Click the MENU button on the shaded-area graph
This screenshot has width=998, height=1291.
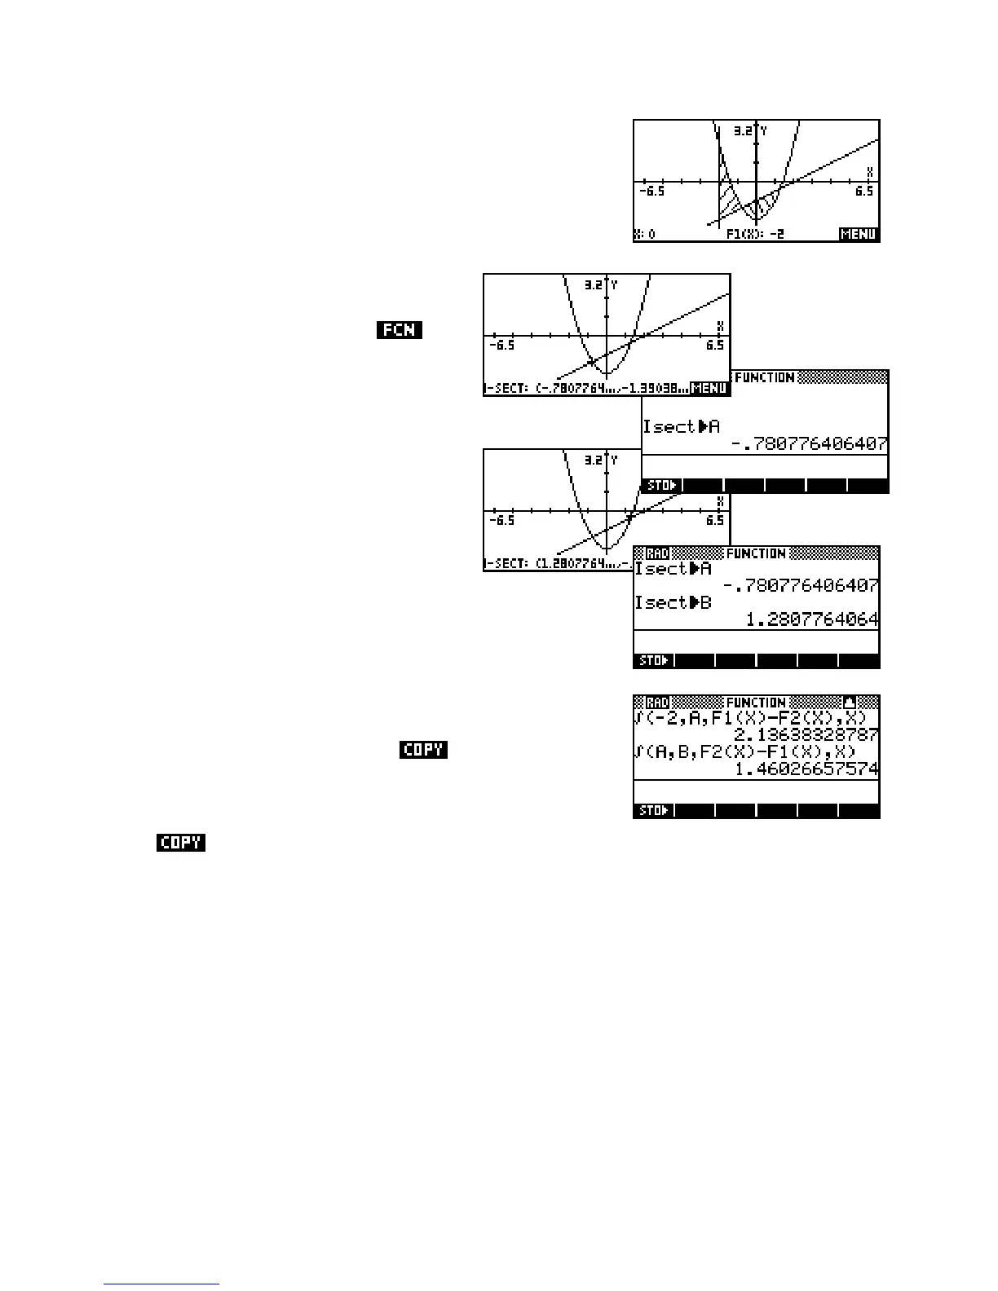pyautogui.click(x=859, y=235)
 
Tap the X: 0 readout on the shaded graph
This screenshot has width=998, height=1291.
pyautogui.click(x=646, y=235)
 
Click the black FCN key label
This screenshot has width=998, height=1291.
pyautogui.click(x=400, y=330)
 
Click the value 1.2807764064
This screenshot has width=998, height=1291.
pyautogui.click(x=812, y=620)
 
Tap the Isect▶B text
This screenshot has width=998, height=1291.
pyautogui.click(x=673, y=603)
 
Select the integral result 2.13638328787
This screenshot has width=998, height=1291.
pyautogui.click(x=806, y=735)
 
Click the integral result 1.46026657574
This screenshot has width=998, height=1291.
pyautogui.click(x=806, y=769)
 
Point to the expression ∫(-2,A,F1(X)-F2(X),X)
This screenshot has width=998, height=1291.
pyautogui.click(x=750, y=718)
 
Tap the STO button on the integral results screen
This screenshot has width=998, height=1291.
pyautogui.click(x=654, y=811)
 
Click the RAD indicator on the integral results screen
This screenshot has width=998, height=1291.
pyautogui.click(x=657, y=703)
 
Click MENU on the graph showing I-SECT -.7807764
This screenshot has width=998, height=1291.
pyautogui.click(x=709, y=389)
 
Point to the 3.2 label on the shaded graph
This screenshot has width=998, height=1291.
pyautogui.click(x=742, y=130)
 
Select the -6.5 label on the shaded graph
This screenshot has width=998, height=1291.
pyautogui.click(x=651, y=192)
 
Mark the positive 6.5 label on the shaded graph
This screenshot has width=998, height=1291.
pyautogui.click(x=864, y=192)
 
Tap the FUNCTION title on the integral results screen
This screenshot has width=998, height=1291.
pyautogui.click(x=755, y=703)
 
